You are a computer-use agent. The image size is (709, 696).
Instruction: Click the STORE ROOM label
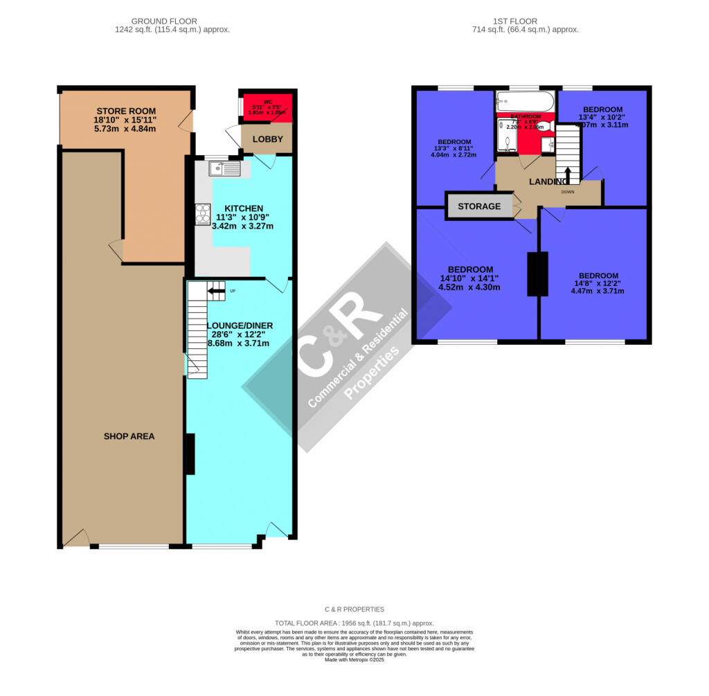125,111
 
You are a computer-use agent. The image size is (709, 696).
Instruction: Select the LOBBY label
267,139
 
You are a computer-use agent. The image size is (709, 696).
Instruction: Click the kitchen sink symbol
224,168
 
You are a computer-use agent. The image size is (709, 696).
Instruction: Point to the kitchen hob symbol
203,214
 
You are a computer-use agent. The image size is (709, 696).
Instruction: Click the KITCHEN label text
243,208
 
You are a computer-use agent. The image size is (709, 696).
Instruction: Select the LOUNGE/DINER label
240,325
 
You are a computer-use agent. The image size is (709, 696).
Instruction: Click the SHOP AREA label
129,436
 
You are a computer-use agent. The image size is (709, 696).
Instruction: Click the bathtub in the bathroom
525,102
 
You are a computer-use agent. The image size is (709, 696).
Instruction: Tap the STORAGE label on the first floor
478,206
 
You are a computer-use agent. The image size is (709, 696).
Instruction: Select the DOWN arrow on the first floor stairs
568,174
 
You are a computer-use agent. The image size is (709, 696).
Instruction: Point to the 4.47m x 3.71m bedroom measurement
597,291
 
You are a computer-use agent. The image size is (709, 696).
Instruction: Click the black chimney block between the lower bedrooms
537,275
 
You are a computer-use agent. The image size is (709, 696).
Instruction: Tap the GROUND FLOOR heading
172,21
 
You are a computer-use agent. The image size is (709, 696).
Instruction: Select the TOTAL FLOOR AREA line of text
354,623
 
